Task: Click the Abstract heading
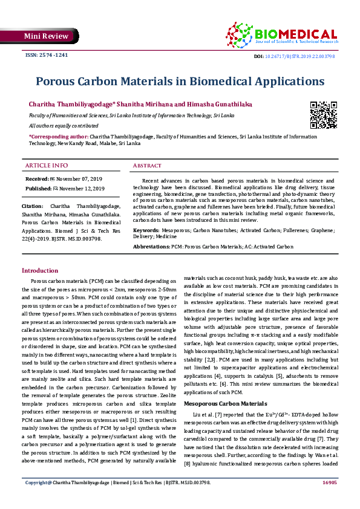click(147, 166)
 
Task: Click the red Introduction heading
click(40, 271)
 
